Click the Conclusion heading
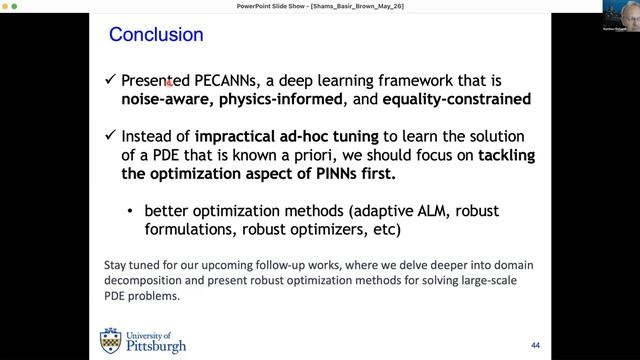click(156, 35)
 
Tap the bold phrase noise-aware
click(164, 100)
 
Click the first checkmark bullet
click(109, 79)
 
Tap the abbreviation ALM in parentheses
click(440, 211)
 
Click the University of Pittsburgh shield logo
click(110, 341)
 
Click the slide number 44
click(535, 345)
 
